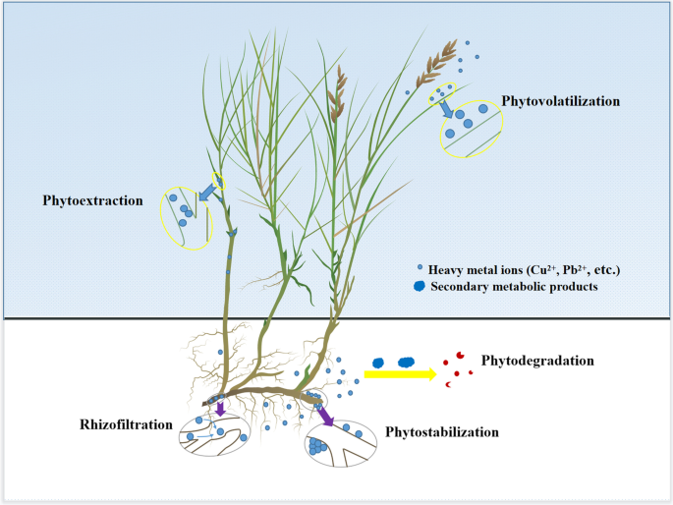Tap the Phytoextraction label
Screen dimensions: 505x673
click(x=92, y=200)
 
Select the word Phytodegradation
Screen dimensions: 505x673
click(x=537, y=361)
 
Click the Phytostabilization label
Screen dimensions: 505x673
click(x=442, y=431)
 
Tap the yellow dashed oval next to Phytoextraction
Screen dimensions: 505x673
click(x=188, y=215)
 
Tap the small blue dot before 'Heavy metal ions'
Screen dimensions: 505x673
click(x=421, y=268)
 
